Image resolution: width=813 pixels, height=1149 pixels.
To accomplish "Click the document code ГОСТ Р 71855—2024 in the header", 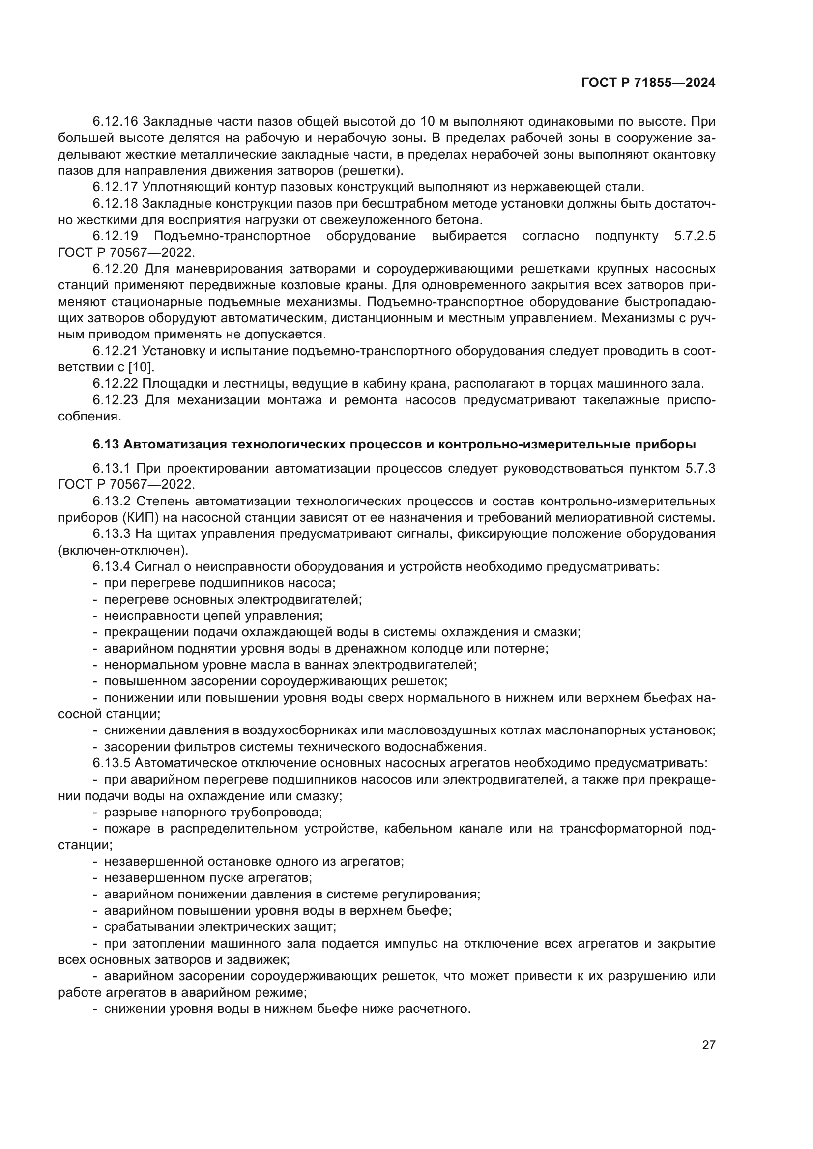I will tap(648, 83).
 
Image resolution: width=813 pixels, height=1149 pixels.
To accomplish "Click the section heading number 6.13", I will tap(106, 445).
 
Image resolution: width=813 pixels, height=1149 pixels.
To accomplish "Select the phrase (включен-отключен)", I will tap(123, 551).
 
